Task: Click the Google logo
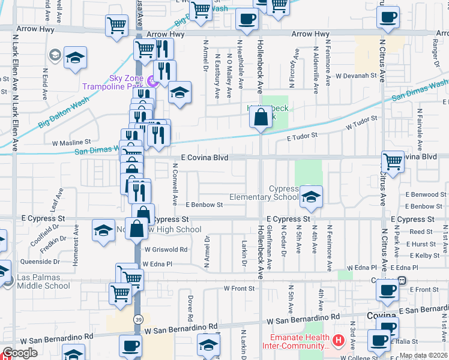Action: click(20, 353)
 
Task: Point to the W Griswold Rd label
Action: click(166, 250)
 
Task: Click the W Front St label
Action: click(240, 289)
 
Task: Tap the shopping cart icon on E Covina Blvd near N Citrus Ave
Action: click(393, 161)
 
